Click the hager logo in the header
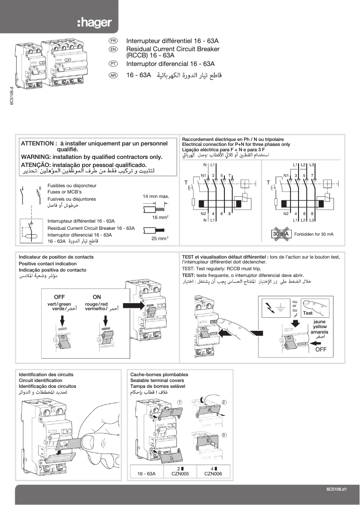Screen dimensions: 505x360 tap(94, 22)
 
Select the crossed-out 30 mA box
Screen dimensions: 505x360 tap(281, 234)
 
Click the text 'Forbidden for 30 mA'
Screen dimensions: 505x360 tap(314, 234)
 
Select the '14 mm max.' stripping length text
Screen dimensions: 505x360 tap(155, 197)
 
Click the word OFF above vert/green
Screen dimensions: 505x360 tap(59, 297)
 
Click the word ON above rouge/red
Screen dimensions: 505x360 tap(97, 297)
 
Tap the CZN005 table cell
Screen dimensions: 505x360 tap(178, 473)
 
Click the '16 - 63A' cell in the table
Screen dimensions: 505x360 tap(146, 473)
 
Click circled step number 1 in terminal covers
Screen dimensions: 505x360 tap(179, 402)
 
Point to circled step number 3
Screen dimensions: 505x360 tap(224, 435)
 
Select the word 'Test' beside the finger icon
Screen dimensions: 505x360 tap(307, 313)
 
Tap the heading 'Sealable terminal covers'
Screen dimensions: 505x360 tap(157, 380)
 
